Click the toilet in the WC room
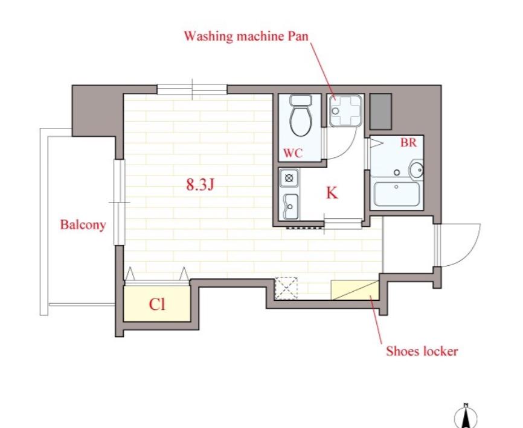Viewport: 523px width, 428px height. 301,116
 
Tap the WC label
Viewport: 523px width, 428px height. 293,153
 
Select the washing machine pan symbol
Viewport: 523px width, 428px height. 345,110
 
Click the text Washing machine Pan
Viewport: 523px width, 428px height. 246,36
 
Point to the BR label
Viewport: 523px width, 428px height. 409,142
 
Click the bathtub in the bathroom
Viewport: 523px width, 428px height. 397,194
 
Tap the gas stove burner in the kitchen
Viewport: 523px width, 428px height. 289,178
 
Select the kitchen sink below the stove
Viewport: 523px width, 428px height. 290,206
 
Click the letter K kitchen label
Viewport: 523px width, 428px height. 332,193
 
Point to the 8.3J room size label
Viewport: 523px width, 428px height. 200,184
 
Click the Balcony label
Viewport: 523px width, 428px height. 83,225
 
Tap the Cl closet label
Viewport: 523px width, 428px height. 157,304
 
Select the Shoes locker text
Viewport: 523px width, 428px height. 422,351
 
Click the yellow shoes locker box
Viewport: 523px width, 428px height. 355,290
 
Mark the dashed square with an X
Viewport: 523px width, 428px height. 286,288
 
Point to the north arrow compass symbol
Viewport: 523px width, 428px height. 466,416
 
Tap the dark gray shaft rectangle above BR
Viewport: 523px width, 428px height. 380,112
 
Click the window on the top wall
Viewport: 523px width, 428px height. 192,89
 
